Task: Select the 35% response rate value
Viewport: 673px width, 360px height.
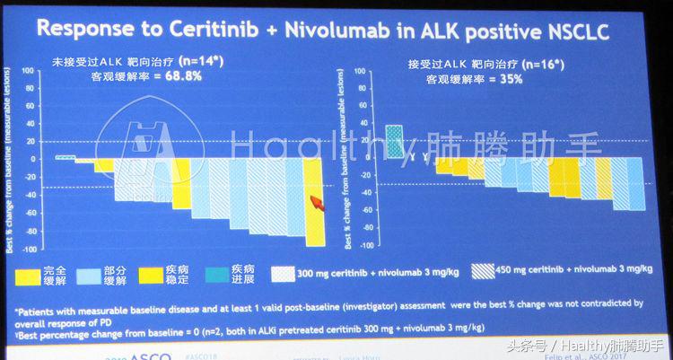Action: coord(511,78)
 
